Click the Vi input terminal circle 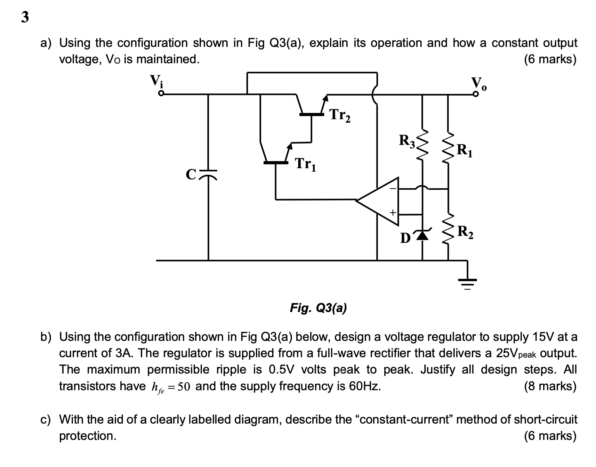(161, 94)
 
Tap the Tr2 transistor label (340, 115)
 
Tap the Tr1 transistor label (305, 164)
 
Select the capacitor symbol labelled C (208, 173)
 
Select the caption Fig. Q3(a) (318, 308)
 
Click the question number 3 (25, 17)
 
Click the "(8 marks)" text (550, 386)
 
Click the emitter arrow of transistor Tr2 (325, 100)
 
